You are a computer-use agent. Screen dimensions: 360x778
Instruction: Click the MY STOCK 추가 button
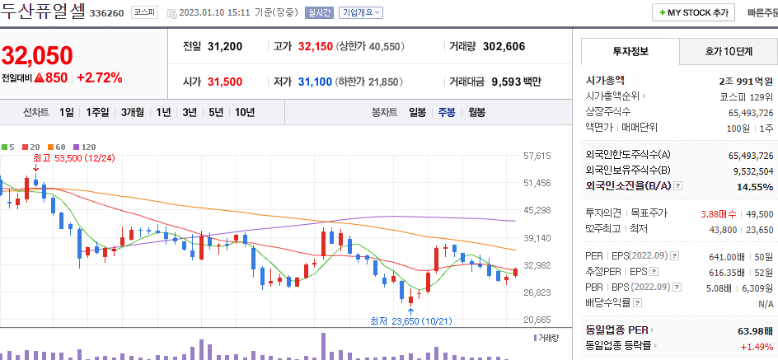tap(693, 13)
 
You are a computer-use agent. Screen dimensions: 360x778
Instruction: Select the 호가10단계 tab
tap(729, 51)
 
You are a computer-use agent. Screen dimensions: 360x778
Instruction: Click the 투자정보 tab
tap(630, 51)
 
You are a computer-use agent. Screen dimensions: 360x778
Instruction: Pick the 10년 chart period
tap(244, 112)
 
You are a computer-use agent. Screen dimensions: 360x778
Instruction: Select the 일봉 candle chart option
tap(417, 112)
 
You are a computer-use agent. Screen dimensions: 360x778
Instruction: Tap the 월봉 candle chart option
tap(476, 112)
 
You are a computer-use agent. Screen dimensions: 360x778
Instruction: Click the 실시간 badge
tap(319, 13)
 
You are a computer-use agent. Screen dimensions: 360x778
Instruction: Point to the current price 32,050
tap(37, 55)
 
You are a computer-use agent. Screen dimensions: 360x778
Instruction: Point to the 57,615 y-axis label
tap(537, 156)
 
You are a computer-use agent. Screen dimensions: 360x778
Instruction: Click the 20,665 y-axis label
tap(537, 320)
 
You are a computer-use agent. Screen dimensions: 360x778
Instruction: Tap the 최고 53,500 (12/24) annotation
tap(73, 157)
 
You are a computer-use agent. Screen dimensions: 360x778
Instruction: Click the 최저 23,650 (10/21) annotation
tap(410, 321)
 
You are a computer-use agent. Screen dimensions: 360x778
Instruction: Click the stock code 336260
tap(105, 13)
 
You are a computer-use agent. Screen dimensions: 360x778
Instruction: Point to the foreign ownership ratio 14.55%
tap(755, 187)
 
